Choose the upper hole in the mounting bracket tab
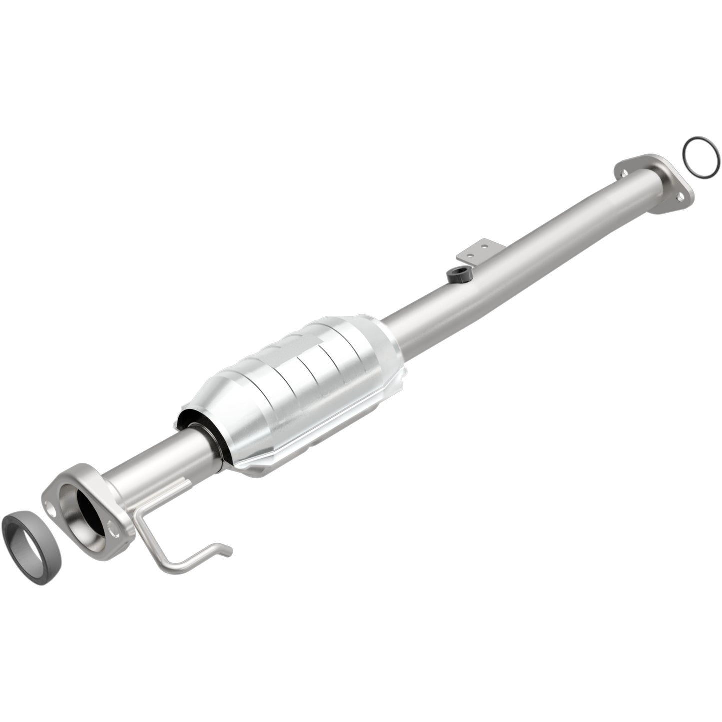tap(484, 245)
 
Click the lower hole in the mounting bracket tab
tap(471, 255)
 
